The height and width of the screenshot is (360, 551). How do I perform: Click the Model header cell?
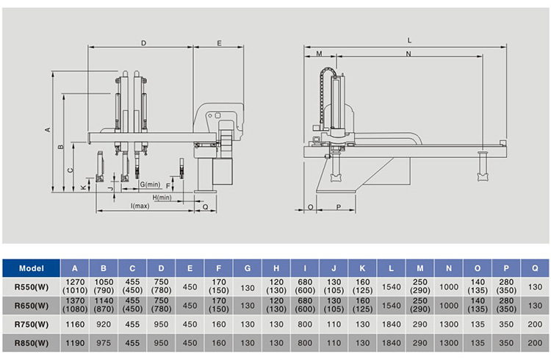pos(31,267)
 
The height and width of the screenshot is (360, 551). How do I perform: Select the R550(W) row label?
pos(31,286)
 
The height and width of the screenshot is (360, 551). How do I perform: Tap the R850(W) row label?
pos(31,342)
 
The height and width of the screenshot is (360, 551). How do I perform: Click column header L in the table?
pos(392,267)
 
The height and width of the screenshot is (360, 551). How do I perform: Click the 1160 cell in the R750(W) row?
pos(74,323)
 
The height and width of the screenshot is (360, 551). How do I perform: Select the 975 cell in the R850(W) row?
pos(104,342)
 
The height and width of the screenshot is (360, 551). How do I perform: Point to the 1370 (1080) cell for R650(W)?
pos(74,305)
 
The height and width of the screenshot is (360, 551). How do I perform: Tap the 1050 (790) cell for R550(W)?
pos(104,286)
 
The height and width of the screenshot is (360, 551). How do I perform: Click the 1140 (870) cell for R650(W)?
pos(104,305)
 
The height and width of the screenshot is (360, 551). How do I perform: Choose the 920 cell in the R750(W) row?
pos(104,323)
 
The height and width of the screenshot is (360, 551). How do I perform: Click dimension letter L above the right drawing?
pos(408,40)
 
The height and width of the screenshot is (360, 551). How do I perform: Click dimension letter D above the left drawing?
pos(143,43)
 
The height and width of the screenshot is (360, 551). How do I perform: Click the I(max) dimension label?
pos(140,206)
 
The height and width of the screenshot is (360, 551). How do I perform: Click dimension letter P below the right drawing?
pos(339,208)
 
